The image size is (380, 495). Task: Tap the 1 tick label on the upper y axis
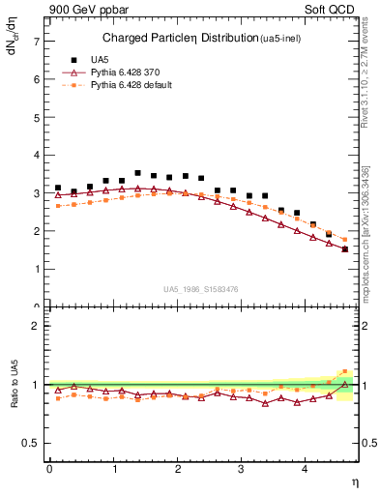[36, 269]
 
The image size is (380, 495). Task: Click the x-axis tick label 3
[241, 469]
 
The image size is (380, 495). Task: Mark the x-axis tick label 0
[49, 469]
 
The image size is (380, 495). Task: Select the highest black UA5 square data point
[137, 173]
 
